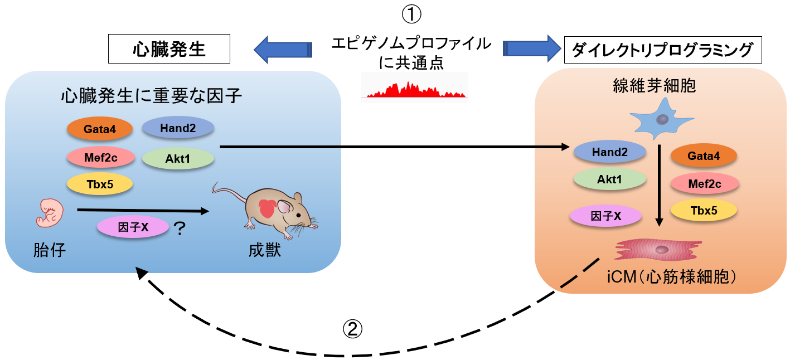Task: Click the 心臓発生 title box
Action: click(169, 50)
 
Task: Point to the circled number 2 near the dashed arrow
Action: click(352, 329)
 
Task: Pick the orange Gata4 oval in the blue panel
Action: click(100, 129)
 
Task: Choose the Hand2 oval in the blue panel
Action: click(178, 128)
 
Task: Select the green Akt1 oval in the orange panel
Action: click(609, 180)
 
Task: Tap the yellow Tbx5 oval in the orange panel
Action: click(704, 210)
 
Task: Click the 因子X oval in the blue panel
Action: click(133, 227)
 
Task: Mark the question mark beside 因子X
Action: click(180, 228)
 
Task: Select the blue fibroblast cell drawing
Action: click(661, 118)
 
